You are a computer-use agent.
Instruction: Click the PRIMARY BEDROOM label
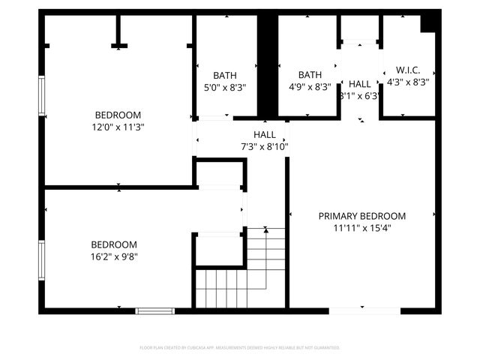pyautogui.click(x=361, y=216)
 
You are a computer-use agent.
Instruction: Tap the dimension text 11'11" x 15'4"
pyautogui.click(x=361, y=227)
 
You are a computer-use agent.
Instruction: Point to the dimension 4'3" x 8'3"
pyautogui.click(x=407, y=82)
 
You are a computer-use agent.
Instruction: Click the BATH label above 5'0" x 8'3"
pyautogui.click(x=225, y=75)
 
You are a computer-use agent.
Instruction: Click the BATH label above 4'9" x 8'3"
pyautogui.click(x=310, y=75)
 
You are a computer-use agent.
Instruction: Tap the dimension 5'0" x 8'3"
pyautogui.click(x=225, y=87)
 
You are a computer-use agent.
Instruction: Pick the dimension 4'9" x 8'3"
pyautogui.click(x=310, y=87)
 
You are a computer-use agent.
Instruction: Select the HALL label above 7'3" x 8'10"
pyautogui.click(x=264, y=135)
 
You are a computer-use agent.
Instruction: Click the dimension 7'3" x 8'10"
pyautogui.click(x=264, y=146)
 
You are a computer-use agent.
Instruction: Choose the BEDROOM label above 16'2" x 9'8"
pyautogui.click(x=114, y=244)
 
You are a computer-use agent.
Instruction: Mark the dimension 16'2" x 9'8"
pyautogui.click(x=114, y=256)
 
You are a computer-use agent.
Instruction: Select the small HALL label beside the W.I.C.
pyautogui.click(x=359, y=84)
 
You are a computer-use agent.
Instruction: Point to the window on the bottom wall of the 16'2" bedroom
pyautogui.click(x=154, y=310)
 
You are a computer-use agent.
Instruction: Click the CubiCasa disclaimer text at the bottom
pyautogui.click(x=240, y=348)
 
